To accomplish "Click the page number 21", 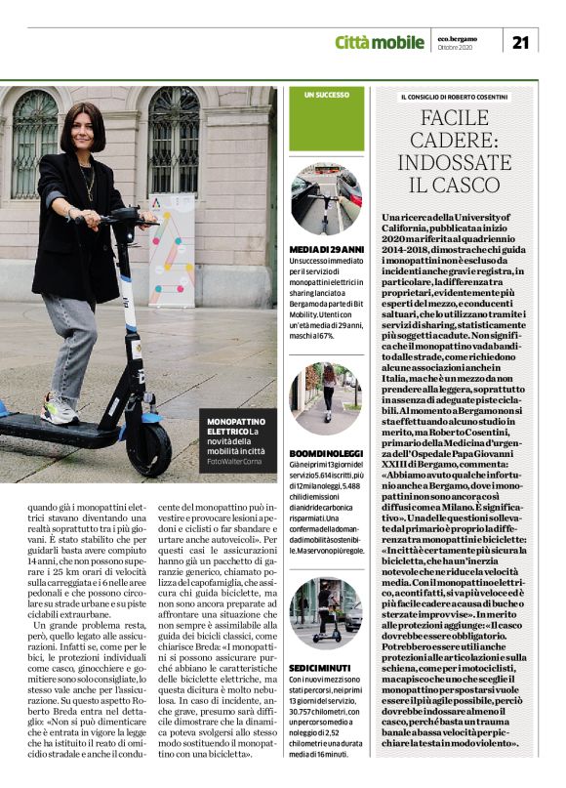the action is click(520, 41).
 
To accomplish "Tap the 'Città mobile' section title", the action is click(379, 41).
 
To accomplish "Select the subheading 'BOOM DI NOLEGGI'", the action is click(326, 453).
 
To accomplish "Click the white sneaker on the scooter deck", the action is click(59, 410).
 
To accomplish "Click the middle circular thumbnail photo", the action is click(326, 399).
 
